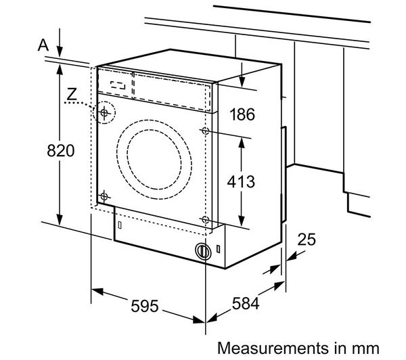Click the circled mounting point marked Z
[104, 113]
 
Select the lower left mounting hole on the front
[104, 196]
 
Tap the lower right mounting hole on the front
[204, 219]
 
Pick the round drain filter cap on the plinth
[202, 250]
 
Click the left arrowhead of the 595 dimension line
[95, 292]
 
